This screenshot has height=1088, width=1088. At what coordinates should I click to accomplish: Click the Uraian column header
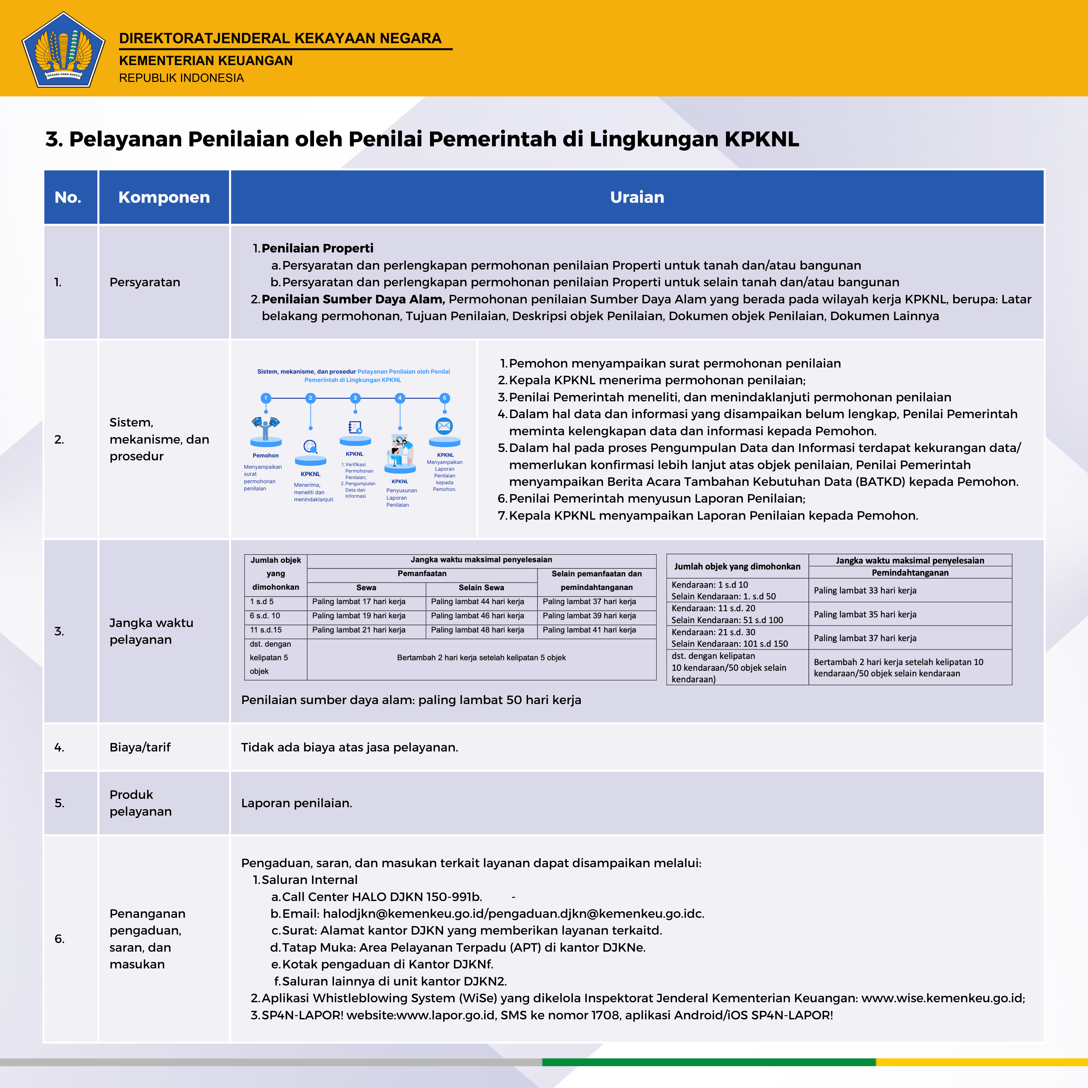pos(637,197)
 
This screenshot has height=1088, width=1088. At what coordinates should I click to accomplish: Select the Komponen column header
pos(164,197)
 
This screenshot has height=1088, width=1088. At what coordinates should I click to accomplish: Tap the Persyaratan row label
pos(145,282)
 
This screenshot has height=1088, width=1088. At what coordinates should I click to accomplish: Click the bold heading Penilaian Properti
pos(317,248)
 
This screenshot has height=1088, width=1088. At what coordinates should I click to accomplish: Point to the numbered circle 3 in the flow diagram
pos(355,398)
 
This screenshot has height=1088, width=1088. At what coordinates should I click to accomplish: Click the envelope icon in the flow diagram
pos(444,426)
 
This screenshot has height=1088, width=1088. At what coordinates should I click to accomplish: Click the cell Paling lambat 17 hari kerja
pos(359,602)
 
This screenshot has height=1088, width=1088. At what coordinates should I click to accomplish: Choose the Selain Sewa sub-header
pos(482,587)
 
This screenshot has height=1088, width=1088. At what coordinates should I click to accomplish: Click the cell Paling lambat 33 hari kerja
pos(865,590)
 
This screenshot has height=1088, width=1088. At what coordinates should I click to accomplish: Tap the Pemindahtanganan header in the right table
pos(910,573)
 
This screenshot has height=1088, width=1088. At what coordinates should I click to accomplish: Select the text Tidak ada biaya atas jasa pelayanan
pos(349,747)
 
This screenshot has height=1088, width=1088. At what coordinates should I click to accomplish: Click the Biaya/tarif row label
pos(140,747)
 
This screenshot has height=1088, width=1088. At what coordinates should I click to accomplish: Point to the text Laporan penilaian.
pos(296,803)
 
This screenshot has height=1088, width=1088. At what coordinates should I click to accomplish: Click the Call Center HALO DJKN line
pos(382,897)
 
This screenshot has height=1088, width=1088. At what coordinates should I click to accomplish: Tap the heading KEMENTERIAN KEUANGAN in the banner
pos(206,61)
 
